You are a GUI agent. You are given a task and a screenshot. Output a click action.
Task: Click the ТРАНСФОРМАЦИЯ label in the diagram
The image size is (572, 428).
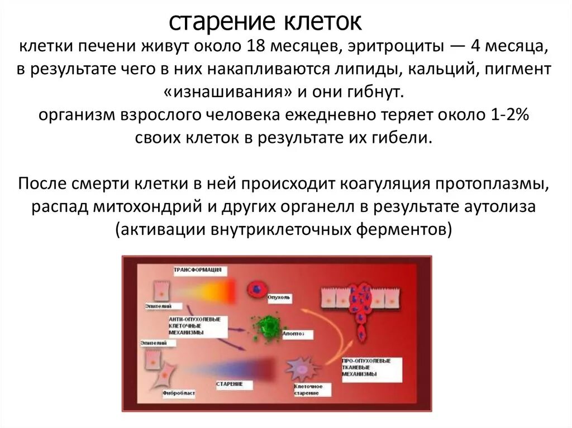coord(199,271)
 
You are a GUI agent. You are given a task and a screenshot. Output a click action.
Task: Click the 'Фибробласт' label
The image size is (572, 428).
coord(179,393)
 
